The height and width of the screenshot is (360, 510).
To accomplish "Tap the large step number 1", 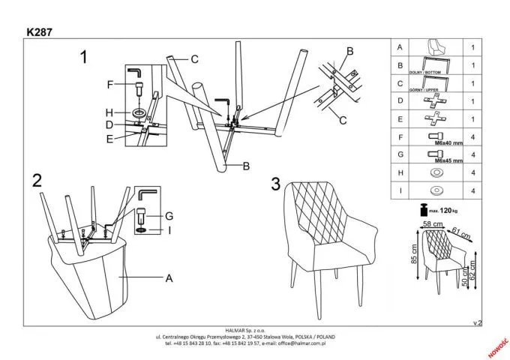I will click(x=85, y=57).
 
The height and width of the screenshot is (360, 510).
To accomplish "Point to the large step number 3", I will click(x=276, y=184).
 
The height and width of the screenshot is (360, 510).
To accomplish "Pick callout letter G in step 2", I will click(x=169, y=214).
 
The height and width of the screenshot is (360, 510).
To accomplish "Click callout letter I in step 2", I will click(x=169, y=229).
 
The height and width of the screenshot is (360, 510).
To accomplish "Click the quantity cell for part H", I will click(x=473, y=173).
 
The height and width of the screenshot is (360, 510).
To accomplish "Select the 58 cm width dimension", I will click(x=430, y=224).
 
